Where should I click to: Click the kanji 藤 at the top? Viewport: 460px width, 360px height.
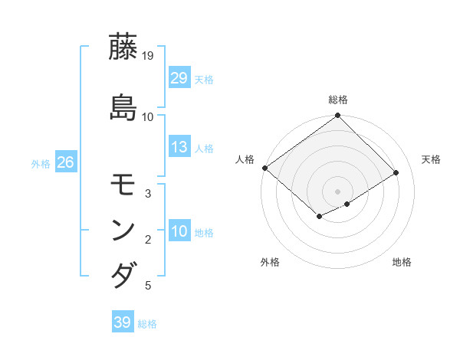(123, 47)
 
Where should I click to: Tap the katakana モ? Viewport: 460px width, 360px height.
(123, 185)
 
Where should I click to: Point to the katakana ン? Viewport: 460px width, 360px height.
(123, 230)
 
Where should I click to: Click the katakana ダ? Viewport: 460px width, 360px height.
(123, 274)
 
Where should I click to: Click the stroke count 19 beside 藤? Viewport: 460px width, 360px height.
(149, 56)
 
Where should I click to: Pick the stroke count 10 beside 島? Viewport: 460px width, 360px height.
(148, 116)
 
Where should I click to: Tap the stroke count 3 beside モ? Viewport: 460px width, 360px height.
(148, 195)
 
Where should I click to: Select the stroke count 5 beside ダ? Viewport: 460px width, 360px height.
(148, 286)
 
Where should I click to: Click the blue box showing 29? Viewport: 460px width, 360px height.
(179, 77)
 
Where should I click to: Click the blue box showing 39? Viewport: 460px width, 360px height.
(122, 322)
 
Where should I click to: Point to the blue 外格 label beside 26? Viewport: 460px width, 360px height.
(41, 163)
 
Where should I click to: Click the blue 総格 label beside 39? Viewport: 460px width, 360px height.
(147, 324)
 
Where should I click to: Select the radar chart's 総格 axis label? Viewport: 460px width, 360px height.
(337, 100)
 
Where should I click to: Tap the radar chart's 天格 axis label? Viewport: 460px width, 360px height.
(432, 159)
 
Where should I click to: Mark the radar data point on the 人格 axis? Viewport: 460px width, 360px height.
(264, 168)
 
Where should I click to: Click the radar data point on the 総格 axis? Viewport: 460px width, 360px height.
(337, 116)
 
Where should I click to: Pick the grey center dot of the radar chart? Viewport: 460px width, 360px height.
(337, 191)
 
